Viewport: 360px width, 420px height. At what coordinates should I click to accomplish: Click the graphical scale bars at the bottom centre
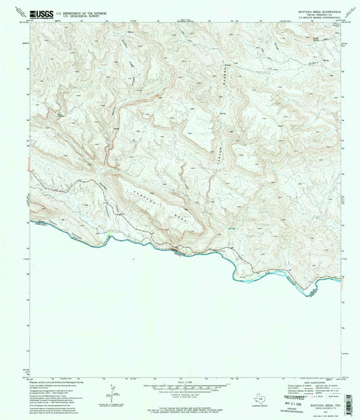(x=180, y=389)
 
